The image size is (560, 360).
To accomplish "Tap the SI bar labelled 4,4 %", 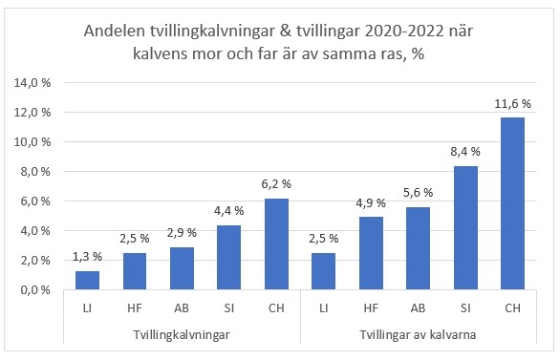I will [x=228, y=258].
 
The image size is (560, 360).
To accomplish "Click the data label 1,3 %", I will [x=88, y=256].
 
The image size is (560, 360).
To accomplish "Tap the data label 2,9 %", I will [x=182, y=232].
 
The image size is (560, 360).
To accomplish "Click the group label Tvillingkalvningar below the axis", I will [x=182, y=335].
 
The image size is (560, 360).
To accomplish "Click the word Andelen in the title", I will [x=114, y=32].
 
